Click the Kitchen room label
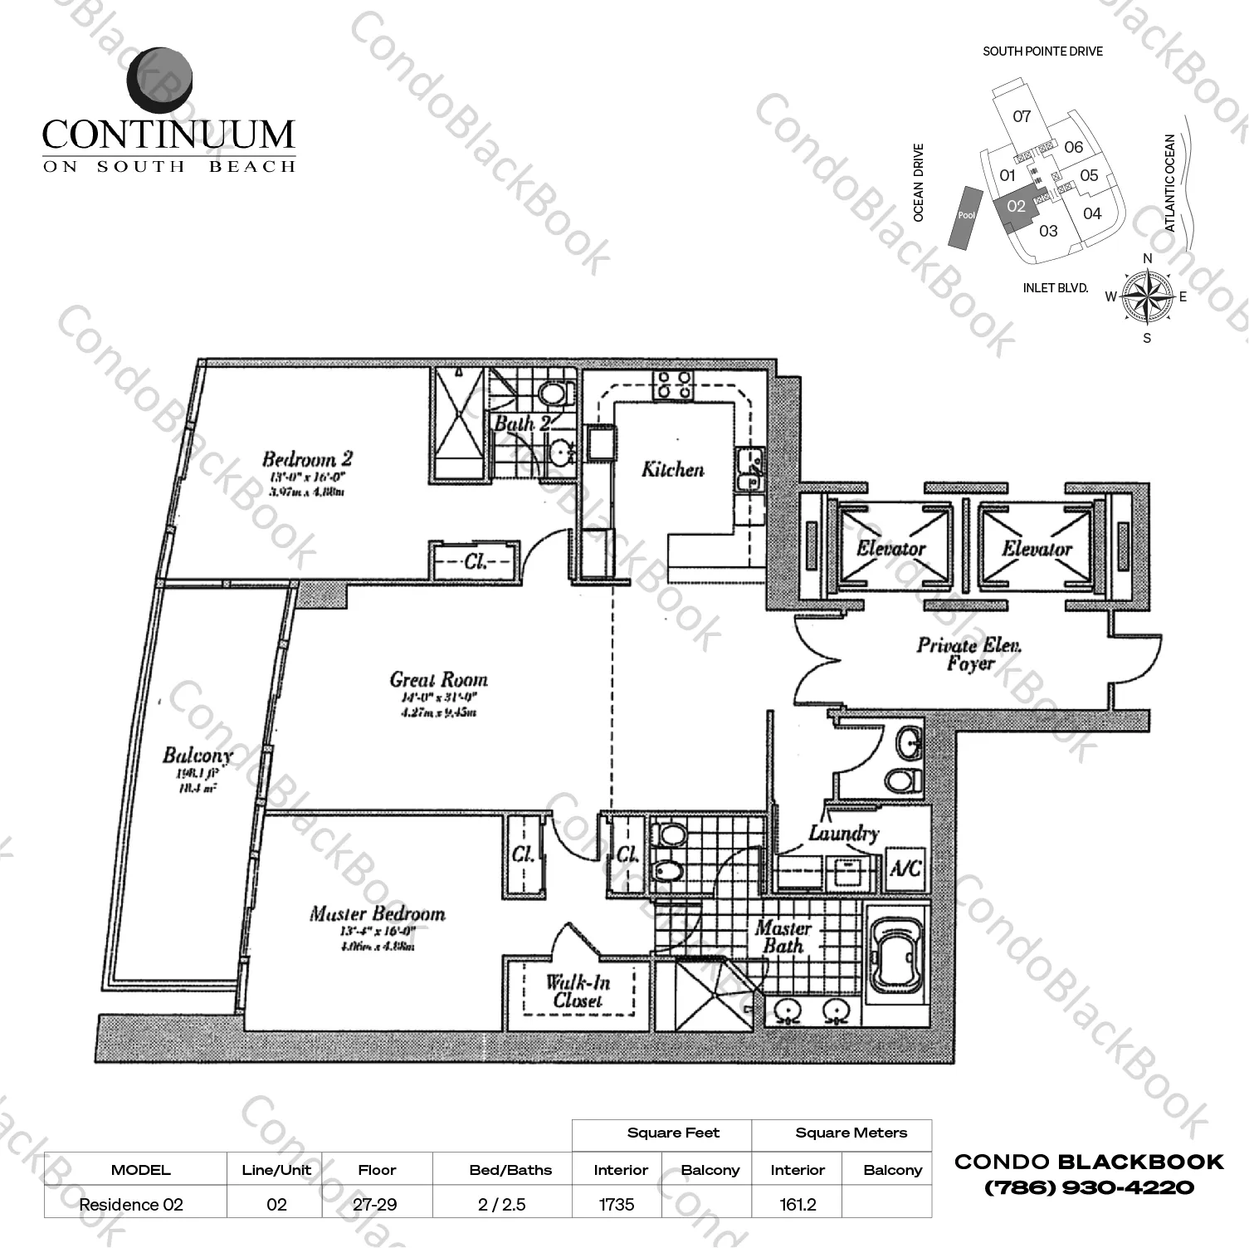pos(672,470)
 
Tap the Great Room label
pos(438,680)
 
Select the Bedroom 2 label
pos(307,459)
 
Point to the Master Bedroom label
pos(377,914)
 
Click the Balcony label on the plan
pos(197,756)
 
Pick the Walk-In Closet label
pos(578,991)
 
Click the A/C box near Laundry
pos(905,869)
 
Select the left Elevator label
pos(890,549)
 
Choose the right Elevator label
pos(1036,549)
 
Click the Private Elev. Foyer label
pos(968,654)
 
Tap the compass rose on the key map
pos(1147,296)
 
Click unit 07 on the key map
pos(1022,116)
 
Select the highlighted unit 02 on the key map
pos(1016,207)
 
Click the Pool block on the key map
pos(966,215)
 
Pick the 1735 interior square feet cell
pos(617,1204)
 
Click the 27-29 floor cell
pos(375,1204)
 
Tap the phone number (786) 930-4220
pos(1089,1188)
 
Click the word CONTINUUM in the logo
pos(168,135)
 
